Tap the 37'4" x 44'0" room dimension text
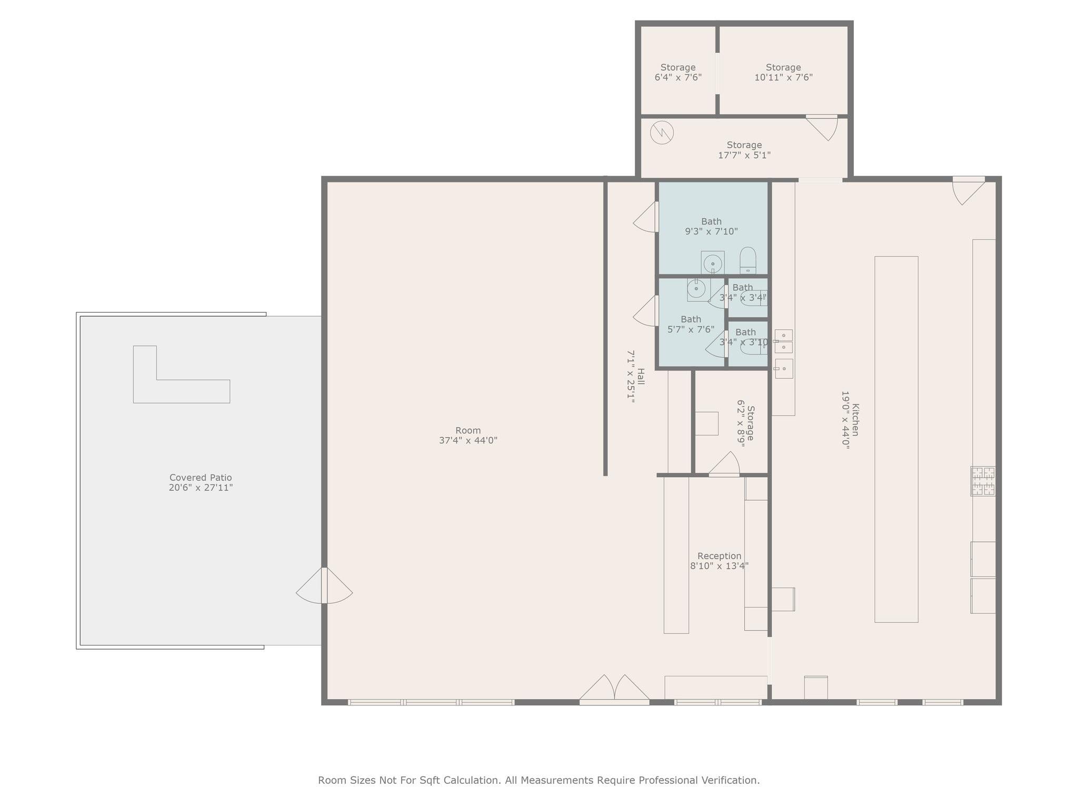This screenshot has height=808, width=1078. click(468, 440)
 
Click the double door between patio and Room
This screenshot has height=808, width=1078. click(324, 586)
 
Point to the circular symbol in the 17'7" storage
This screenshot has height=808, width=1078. click(662, 133)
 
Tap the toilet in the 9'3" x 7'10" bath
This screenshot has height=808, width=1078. click(747, 261)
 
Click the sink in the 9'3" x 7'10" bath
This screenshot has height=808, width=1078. click(713, 262)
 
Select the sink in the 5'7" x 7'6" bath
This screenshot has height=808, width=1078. click(696, 289)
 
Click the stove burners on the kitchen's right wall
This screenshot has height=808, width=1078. click(983, 481)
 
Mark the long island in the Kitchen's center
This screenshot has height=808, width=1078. click(896, 439)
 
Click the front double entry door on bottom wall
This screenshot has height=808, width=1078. click(614, 690)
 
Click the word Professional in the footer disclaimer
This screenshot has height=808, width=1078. click(664, 780)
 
